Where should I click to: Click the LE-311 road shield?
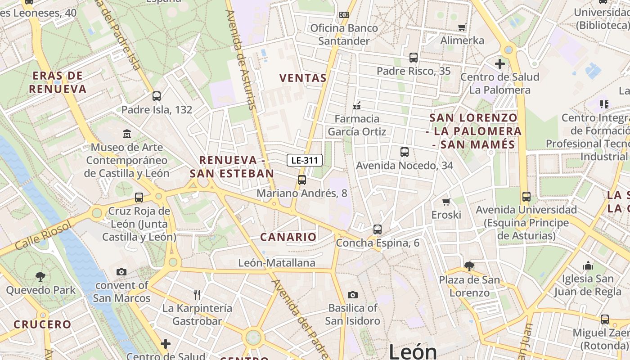(x=305, y=160)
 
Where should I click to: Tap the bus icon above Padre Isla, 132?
(x=156, y=96)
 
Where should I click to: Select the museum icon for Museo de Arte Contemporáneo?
(x=127, y=134)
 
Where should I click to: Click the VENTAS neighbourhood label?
(x=303, y=78)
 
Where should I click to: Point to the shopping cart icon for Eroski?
(x=446, y=202)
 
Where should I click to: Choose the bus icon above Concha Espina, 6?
(x=378, y=229)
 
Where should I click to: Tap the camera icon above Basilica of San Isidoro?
(x=353, y=295)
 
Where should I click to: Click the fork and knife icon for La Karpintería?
(x=197, y=295)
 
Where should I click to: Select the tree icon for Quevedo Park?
(x=40, y=276)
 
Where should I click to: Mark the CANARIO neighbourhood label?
(x=288, y=237)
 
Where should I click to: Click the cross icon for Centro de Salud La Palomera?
(x=499, y=64)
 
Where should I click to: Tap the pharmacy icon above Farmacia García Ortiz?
(x=357, y=106)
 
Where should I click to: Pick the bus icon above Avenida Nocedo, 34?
(x=405, y=152)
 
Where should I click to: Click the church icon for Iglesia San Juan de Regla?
(x=588, y=266)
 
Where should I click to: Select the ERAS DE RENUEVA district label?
(x=58, y=82)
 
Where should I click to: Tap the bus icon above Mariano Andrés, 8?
(x=301, y=180)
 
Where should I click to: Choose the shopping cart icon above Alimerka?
(x=462, y=27)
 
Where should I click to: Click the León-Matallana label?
(x=277, y=263)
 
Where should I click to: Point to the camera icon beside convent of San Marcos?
(x=121, y=272)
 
